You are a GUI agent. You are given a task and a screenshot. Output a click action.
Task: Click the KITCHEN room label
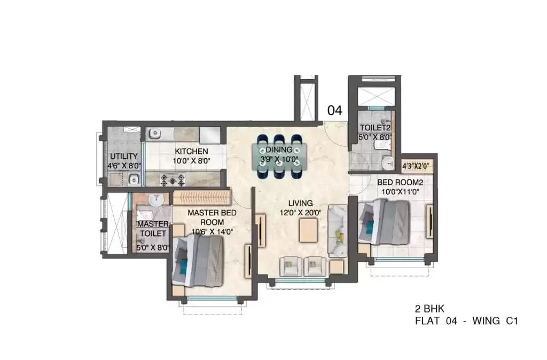(191, 151)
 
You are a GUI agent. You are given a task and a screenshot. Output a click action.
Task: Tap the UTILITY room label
(124, 156)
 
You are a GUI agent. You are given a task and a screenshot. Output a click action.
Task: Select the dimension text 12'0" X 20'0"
(300, 213)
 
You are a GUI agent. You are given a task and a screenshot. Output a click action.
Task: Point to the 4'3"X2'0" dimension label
(415, 166)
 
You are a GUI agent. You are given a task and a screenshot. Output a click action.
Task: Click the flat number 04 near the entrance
(334, 111)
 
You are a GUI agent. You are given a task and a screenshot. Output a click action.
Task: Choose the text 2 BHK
(429, 309)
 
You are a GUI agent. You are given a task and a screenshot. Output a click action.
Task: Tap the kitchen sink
(154, 133)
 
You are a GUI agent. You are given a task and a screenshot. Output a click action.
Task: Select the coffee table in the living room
(308, 230)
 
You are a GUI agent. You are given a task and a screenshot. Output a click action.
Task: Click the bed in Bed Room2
(384, 222)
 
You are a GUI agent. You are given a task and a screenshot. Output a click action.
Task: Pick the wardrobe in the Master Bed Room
(202, 198)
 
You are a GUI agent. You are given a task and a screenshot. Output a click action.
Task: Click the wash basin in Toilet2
(388, 162)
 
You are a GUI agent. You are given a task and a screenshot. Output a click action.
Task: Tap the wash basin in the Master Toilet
(156, 200)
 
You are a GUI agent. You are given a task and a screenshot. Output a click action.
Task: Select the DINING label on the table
(279, 150)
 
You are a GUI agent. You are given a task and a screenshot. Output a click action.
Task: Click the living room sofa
(338, 231)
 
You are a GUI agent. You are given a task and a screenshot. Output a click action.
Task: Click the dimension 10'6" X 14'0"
(212, 232)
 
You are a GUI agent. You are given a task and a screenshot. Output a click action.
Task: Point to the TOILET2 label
(374, 128)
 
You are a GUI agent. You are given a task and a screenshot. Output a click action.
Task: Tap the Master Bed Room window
(212, 298)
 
